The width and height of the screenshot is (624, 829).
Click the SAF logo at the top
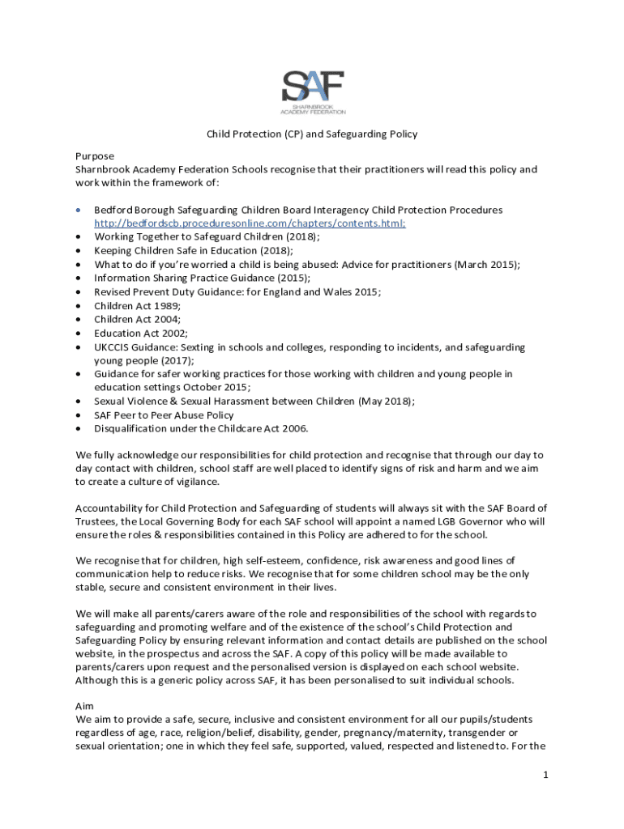(313, 91)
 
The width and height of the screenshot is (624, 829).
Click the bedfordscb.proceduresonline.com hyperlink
(250, 223)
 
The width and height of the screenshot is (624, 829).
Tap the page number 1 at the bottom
(546, 775)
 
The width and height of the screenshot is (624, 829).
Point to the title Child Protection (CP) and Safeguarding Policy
(312, 134)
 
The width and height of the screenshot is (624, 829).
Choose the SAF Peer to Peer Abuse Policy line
(164, 414)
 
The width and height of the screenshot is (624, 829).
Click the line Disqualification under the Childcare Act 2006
(201, 428)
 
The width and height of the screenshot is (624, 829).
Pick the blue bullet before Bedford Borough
(78, 210)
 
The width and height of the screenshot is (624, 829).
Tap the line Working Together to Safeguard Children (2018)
(207, 236)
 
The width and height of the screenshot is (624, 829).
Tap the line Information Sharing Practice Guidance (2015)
(202, 278)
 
